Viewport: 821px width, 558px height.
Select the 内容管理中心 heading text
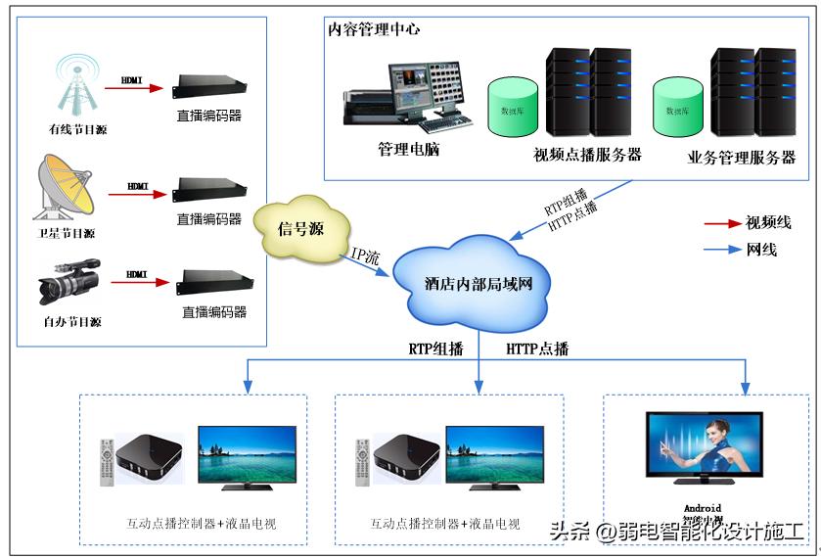point(375,29)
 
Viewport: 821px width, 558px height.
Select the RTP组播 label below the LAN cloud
point(435,349)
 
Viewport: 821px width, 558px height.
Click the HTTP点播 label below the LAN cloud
point(537,349)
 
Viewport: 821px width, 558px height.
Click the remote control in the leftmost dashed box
point(107,462)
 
